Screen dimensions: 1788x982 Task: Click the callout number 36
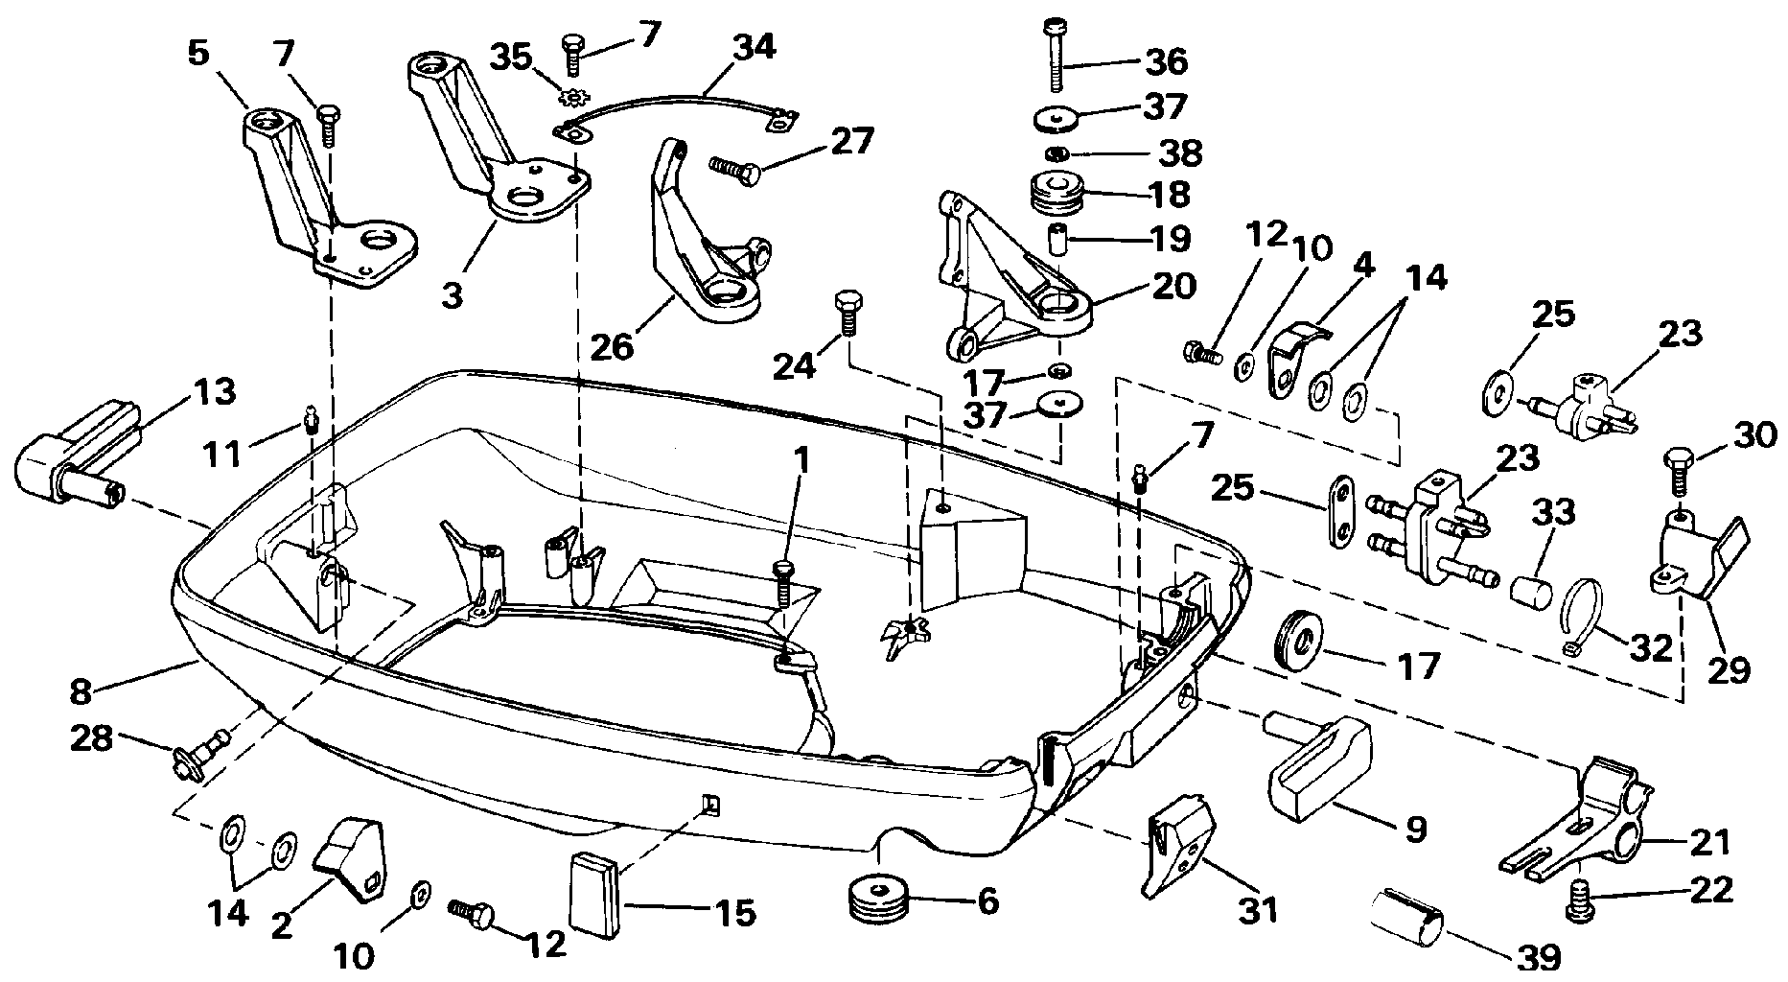tap(1165, 61)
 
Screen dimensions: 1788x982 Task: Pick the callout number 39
tap(1532, 959)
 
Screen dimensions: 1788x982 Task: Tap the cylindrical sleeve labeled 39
tap(1405, 918)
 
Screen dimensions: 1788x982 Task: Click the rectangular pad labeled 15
tap(597, 893)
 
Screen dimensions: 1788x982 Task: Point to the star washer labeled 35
tap(573, 97)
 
